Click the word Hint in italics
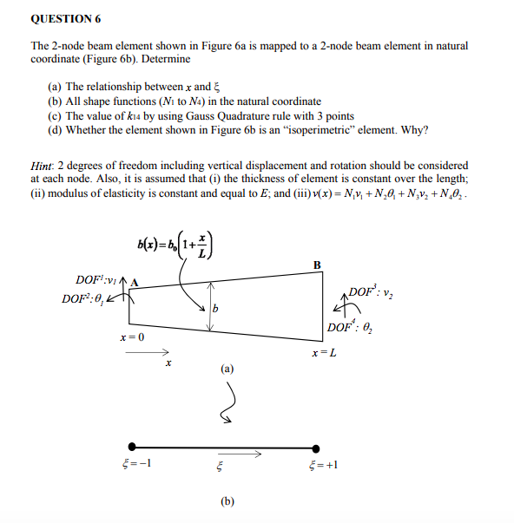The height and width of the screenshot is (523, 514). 42,165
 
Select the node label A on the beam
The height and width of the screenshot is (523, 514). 136,280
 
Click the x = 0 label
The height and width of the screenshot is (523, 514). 132,336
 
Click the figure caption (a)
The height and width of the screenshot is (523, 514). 227,368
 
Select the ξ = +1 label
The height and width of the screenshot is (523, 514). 322,464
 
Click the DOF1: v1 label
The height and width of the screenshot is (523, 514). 97,280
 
